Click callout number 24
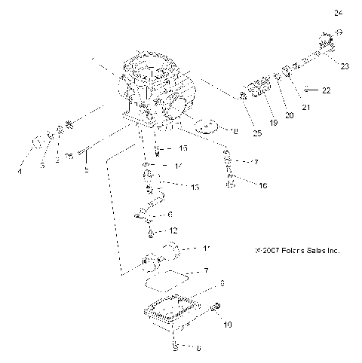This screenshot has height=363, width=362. (x=338, y=12)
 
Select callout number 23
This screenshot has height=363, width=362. (x=345, y=66)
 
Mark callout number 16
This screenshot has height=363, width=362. (x=241, y=185)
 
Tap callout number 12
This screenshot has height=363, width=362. (x=173, y=230)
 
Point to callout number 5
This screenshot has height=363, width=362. (x=87, y=170)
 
